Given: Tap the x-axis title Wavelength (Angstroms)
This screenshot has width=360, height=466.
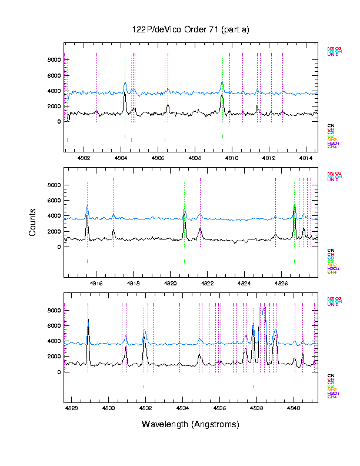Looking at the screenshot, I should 190,424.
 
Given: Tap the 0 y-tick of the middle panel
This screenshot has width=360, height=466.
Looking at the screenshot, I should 58,247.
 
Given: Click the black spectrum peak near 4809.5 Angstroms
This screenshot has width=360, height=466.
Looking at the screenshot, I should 222,96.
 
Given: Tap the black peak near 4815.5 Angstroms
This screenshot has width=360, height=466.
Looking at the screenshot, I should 87,216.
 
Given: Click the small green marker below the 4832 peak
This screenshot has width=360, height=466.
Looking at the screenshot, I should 144,386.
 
